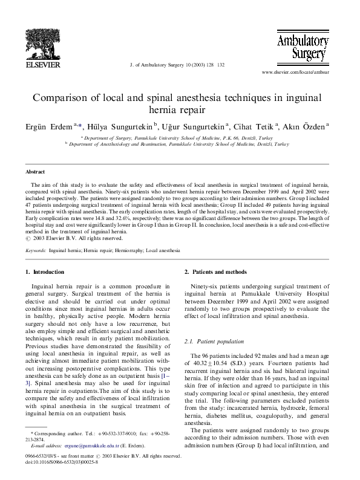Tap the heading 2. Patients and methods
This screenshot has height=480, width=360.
point(215,272)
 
